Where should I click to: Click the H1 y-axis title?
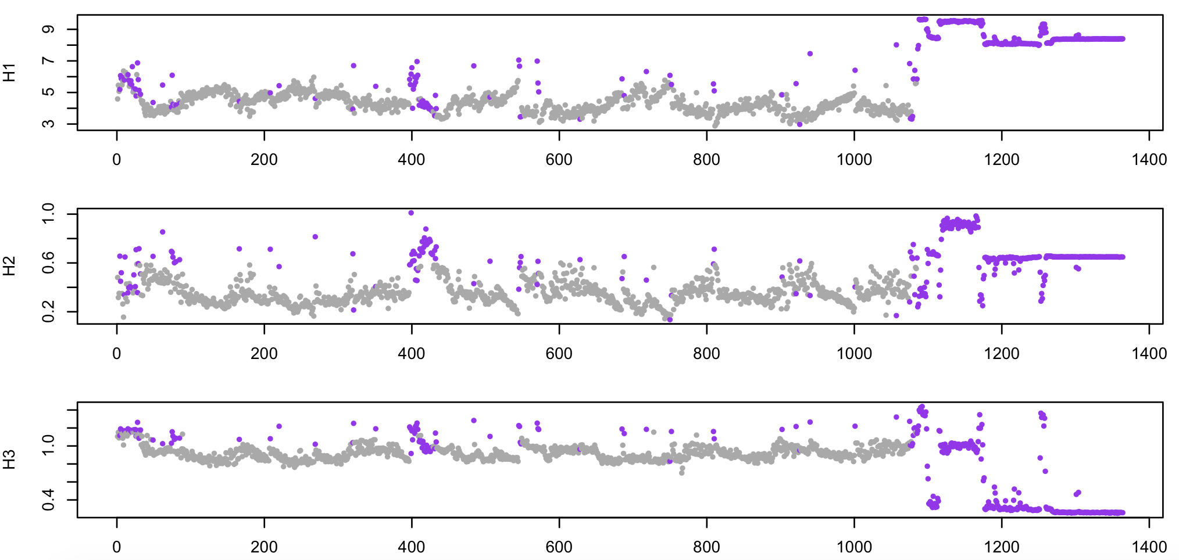click(x=9, y=73)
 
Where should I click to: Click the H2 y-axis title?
click(x=9, y=266)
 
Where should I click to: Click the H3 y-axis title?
click(x=9, y=460)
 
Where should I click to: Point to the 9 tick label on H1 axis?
click(x=49, y=29)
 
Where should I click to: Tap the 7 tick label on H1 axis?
click(x=49, y=60)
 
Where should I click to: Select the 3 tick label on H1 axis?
click(x=49, y=123)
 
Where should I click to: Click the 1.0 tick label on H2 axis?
click(x=49, y=213)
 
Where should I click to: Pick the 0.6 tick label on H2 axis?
click(x=49, y=263)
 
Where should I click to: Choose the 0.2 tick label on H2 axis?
click(x=49, y=311)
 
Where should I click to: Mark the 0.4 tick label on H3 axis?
click(x=49, y=500)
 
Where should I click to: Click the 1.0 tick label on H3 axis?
click(x=49, y=446)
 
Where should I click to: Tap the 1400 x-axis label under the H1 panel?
click(x=1149, y=160)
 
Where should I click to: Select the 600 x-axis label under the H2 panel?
click(x=559, y=353)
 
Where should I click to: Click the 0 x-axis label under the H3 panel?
click(x=117, y=547)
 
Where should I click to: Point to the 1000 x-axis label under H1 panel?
click(x=854, y=160)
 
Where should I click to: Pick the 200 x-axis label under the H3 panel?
click(x=264, y=547)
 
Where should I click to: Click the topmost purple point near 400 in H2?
click(x=411, y=213)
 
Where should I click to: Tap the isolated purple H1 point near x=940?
click(x=810, y=53)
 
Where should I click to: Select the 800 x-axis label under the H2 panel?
click(x=706, y=353)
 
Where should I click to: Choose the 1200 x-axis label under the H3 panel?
click(x=1001, y=547)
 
